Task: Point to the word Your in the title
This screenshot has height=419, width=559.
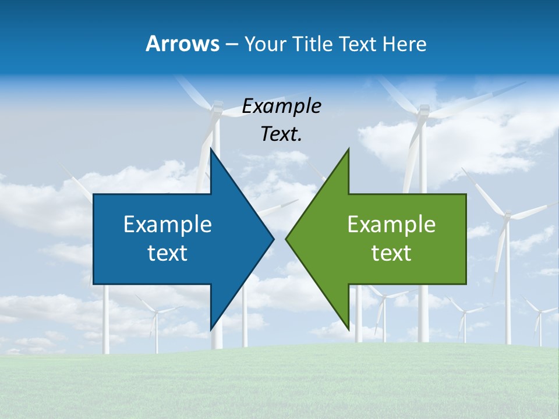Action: (x=264, y=44)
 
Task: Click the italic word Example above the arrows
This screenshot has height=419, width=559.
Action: (x=281, y=106)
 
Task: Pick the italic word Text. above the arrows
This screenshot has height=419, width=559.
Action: (x=281, y=134)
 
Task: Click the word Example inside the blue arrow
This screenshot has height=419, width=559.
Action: (x=168, y=224)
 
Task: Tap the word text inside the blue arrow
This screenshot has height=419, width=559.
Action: (x=168, y=253)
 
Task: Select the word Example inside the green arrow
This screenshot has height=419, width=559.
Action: (x=391, y=224)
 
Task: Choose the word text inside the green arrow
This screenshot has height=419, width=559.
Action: (x=391, y=253)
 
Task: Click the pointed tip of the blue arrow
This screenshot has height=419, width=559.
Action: (x=273, y=239)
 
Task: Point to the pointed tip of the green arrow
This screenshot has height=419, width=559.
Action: (x=286, y=239)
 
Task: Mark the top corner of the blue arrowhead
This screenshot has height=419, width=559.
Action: (x=211, y=150)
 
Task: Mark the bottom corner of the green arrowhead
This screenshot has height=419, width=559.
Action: (x=348, y=329)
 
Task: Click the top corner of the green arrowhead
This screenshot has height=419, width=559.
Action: (x=348, y=150)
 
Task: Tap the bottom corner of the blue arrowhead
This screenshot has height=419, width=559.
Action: (x=211, y=329)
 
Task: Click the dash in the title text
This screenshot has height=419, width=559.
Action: (x=231, y=44)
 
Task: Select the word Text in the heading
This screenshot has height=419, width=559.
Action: (x=358, y=44)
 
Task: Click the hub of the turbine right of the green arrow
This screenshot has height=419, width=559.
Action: (x=507, y=216)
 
